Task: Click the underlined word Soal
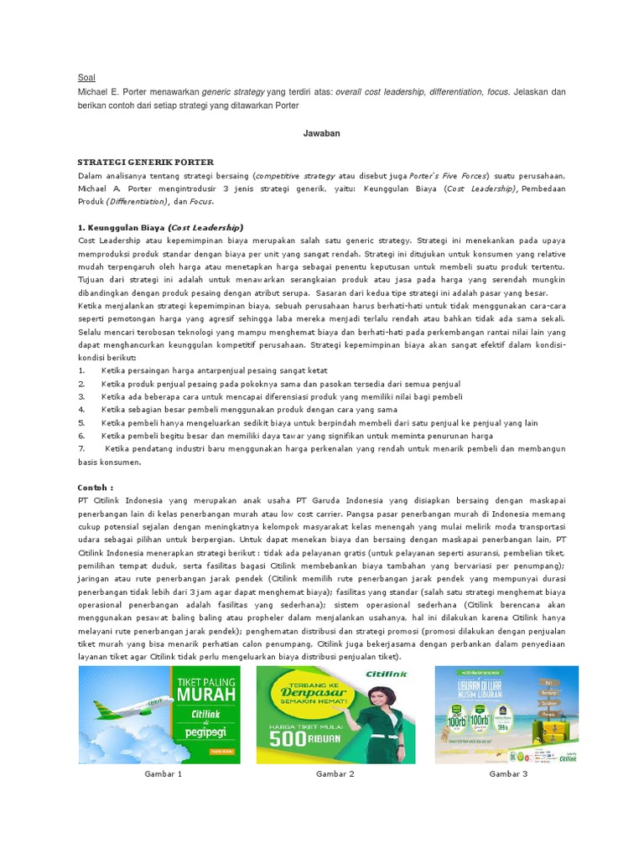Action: (x=86, y=77)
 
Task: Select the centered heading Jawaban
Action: (x=321, y=133)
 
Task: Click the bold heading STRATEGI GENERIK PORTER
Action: (x=145, y=162)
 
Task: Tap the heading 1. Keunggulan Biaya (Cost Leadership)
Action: (x=160, y=227)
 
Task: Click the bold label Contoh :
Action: (x=96, y=487)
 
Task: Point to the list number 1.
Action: (x=81, y=370)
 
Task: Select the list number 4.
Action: (x=81, y=410)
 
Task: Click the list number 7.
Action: (x=81, y=449)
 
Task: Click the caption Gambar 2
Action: (x=335, y=774)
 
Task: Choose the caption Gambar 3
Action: (x=508, y=774)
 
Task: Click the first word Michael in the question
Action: (x=95, y=92)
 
